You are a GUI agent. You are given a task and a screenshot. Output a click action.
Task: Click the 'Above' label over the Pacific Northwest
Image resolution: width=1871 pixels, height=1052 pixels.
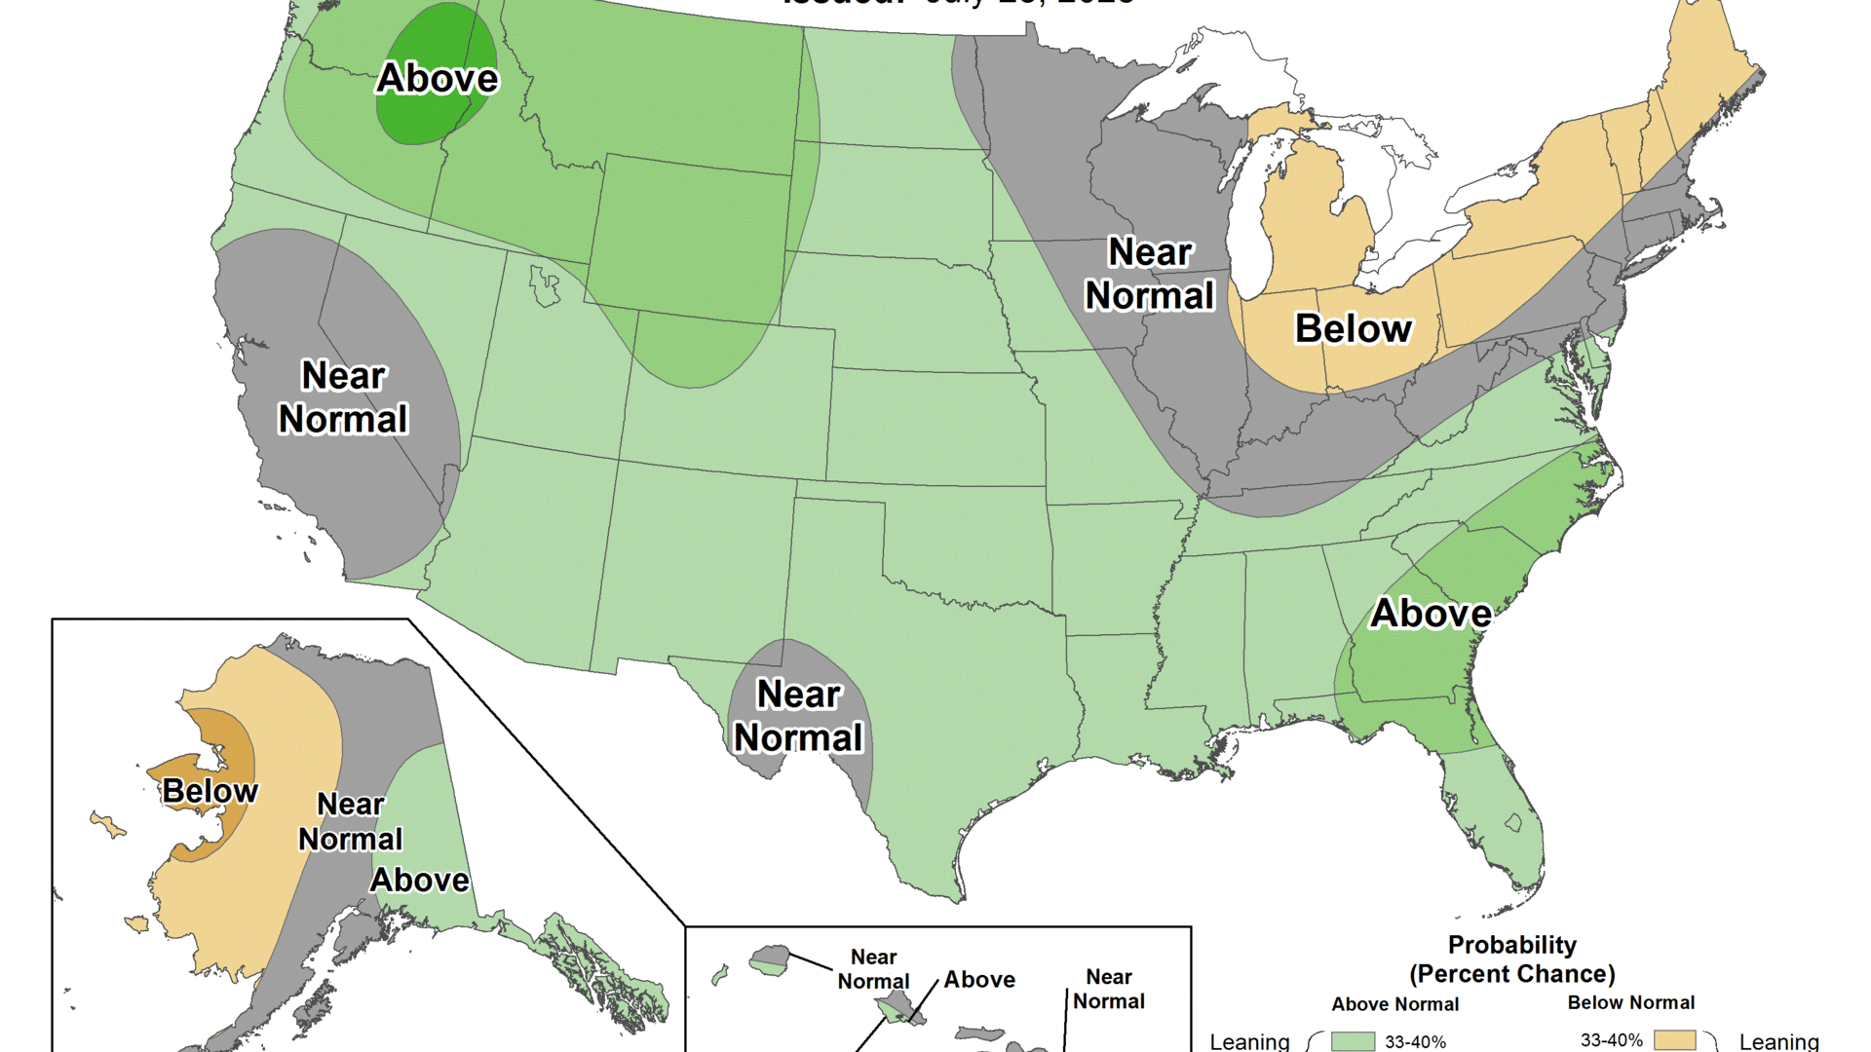pyautogui.click(x=438, y=78)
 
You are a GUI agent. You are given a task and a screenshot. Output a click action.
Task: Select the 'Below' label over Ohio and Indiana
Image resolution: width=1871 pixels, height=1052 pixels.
pyautogui.click(x=1353, y=329)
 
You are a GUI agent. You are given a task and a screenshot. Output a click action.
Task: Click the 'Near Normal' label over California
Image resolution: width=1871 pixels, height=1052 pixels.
pyautogui.click(x=343, y=397)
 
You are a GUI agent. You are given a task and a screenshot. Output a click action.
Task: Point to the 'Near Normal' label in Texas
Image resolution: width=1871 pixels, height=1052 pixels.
pyautogui.click(x=798, y=716)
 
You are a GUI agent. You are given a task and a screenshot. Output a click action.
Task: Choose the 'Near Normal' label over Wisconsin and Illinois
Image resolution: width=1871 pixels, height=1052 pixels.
pyautogui.click(x=1150, y=274)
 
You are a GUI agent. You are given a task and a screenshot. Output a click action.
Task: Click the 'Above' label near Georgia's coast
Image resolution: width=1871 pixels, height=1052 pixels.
pyautogui.click(x=1431, y=614)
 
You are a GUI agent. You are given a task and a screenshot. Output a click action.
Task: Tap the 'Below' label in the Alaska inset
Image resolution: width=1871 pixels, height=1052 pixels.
pyautogui.click(x=210, y=791)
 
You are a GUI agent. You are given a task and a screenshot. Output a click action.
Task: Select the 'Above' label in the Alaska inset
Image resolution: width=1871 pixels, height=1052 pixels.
pyautogui.click(x=420, y=881)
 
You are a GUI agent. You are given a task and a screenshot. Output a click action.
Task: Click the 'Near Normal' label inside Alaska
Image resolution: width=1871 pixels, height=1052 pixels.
pyautogui.click(x=350, y=822)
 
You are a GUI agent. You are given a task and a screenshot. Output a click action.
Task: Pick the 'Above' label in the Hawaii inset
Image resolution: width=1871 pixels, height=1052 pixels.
pyautogui.click(x=979, y=980)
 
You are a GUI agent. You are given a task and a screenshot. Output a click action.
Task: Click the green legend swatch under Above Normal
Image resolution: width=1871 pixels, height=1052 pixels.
pyautogui.click(x=1353, y=1041)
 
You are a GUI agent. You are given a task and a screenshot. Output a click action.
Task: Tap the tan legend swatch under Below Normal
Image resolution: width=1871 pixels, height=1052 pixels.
pyautogui.click(x=1674, y=1040)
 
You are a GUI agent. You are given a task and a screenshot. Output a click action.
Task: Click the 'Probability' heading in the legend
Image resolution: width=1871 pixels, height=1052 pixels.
pyautogui.click(x=1511, y=945)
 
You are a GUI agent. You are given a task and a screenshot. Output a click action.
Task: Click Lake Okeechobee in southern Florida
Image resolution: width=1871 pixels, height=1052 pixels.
pyautogui.click(x=1513, y=822)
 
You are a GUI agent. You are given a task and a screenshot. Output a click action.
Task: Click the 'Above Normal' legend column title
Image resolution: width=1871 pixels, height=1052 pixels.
pyautogui.click(x=1394, y=1004)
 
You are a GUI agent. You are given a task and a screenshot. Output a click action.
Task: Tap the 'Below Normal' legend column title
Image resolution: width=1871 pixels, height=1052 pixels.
pyautogui.click(x=1630, y=1002)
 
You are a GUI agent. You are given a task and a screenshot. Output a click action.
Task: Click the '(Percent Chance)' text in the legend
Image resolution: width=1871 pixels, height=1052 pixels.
pyautogui.click(x=1511, y=974)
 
